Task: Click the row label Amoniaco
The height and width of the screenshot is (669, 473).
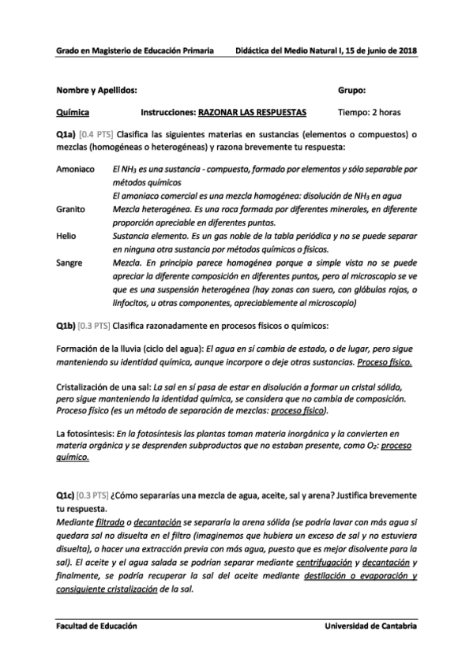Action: pyautogui.click(x=76, y=170)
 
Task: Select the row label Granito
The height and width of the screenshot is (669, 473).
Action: pyautogui.click(x=72, y=210)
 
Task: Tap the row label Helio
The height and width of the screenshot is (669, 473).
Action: pyautogui.click(x=67, y=236)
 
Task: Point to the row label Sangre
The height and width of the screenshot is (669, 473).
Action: pyautogui.click(x=71, y=262)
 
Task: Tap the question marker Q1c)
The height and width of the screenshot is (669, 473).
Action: pyautogui.click(x=66, y=495)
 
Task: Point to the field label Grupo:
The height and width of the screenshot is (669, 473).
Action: pyautogui.click(x=351, y=90)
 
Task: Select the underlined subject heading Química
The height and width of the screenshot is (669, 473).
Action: pyautogui.click(x=73, y=112)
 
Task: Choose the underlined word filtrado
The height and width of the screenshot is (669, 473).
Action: pyautogui.click(x=109, y=522)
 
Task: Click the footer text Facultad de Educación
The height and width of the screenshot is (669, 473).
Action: pyautogui.click(x=96, y=626)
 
